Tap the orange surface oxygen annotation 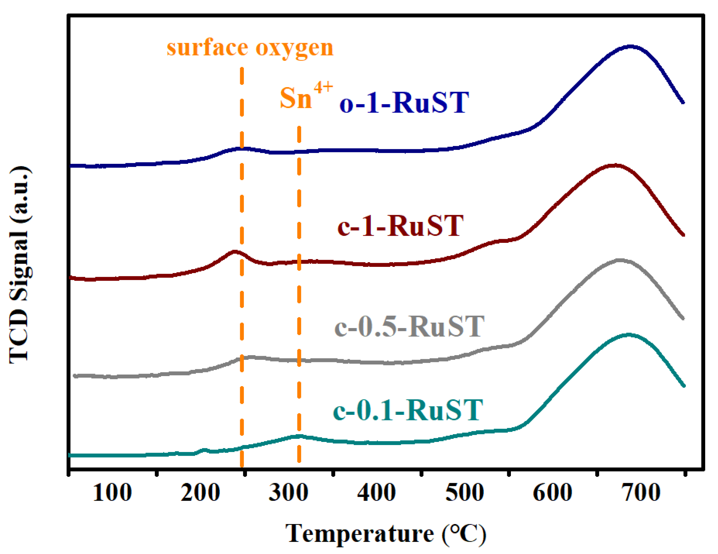[250, 48]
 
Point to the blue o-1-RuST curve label [404, 103]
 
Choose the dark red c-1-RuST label [400, 226]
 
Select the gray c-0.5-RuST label [409, 327]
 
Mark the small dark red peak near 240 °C [234, 252]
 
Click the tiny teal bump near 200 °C [204, 449]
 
